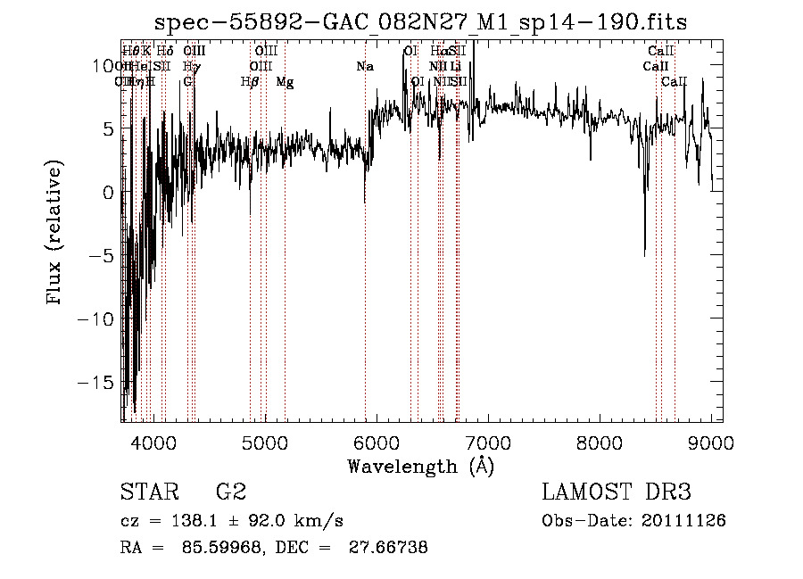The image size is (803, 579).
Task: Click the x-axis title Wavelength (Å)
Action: point(420,466)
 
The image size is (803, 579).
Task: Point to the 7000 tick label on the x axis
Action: point(487,443)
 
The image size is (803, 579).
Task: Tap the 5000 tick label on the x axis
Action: point(264,443)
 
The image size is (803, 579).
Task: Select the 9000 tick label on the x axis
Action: point(710,443)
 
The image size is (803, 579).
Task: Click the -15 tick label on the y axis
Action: point(100,383)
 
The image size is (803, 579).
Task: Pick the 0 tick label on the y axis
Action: point(109,193)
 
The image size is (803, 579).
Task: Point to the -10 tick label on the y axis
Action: point(100,319)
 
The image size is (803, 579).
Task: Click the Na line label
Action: point(364,67)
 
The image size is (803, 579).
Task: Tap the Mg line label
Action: point(285,82)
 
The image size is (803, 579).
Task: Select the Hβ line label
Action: point(250,82)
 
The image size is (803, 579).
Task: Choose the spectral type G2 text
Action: point(231,492)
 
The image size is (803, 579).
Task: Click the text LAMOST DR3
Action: point(617,492)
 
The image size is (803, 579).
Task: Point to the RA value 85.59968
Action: point(215,548)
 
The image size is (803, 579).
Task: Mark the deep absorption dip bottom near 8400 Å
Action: point(645,255)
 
